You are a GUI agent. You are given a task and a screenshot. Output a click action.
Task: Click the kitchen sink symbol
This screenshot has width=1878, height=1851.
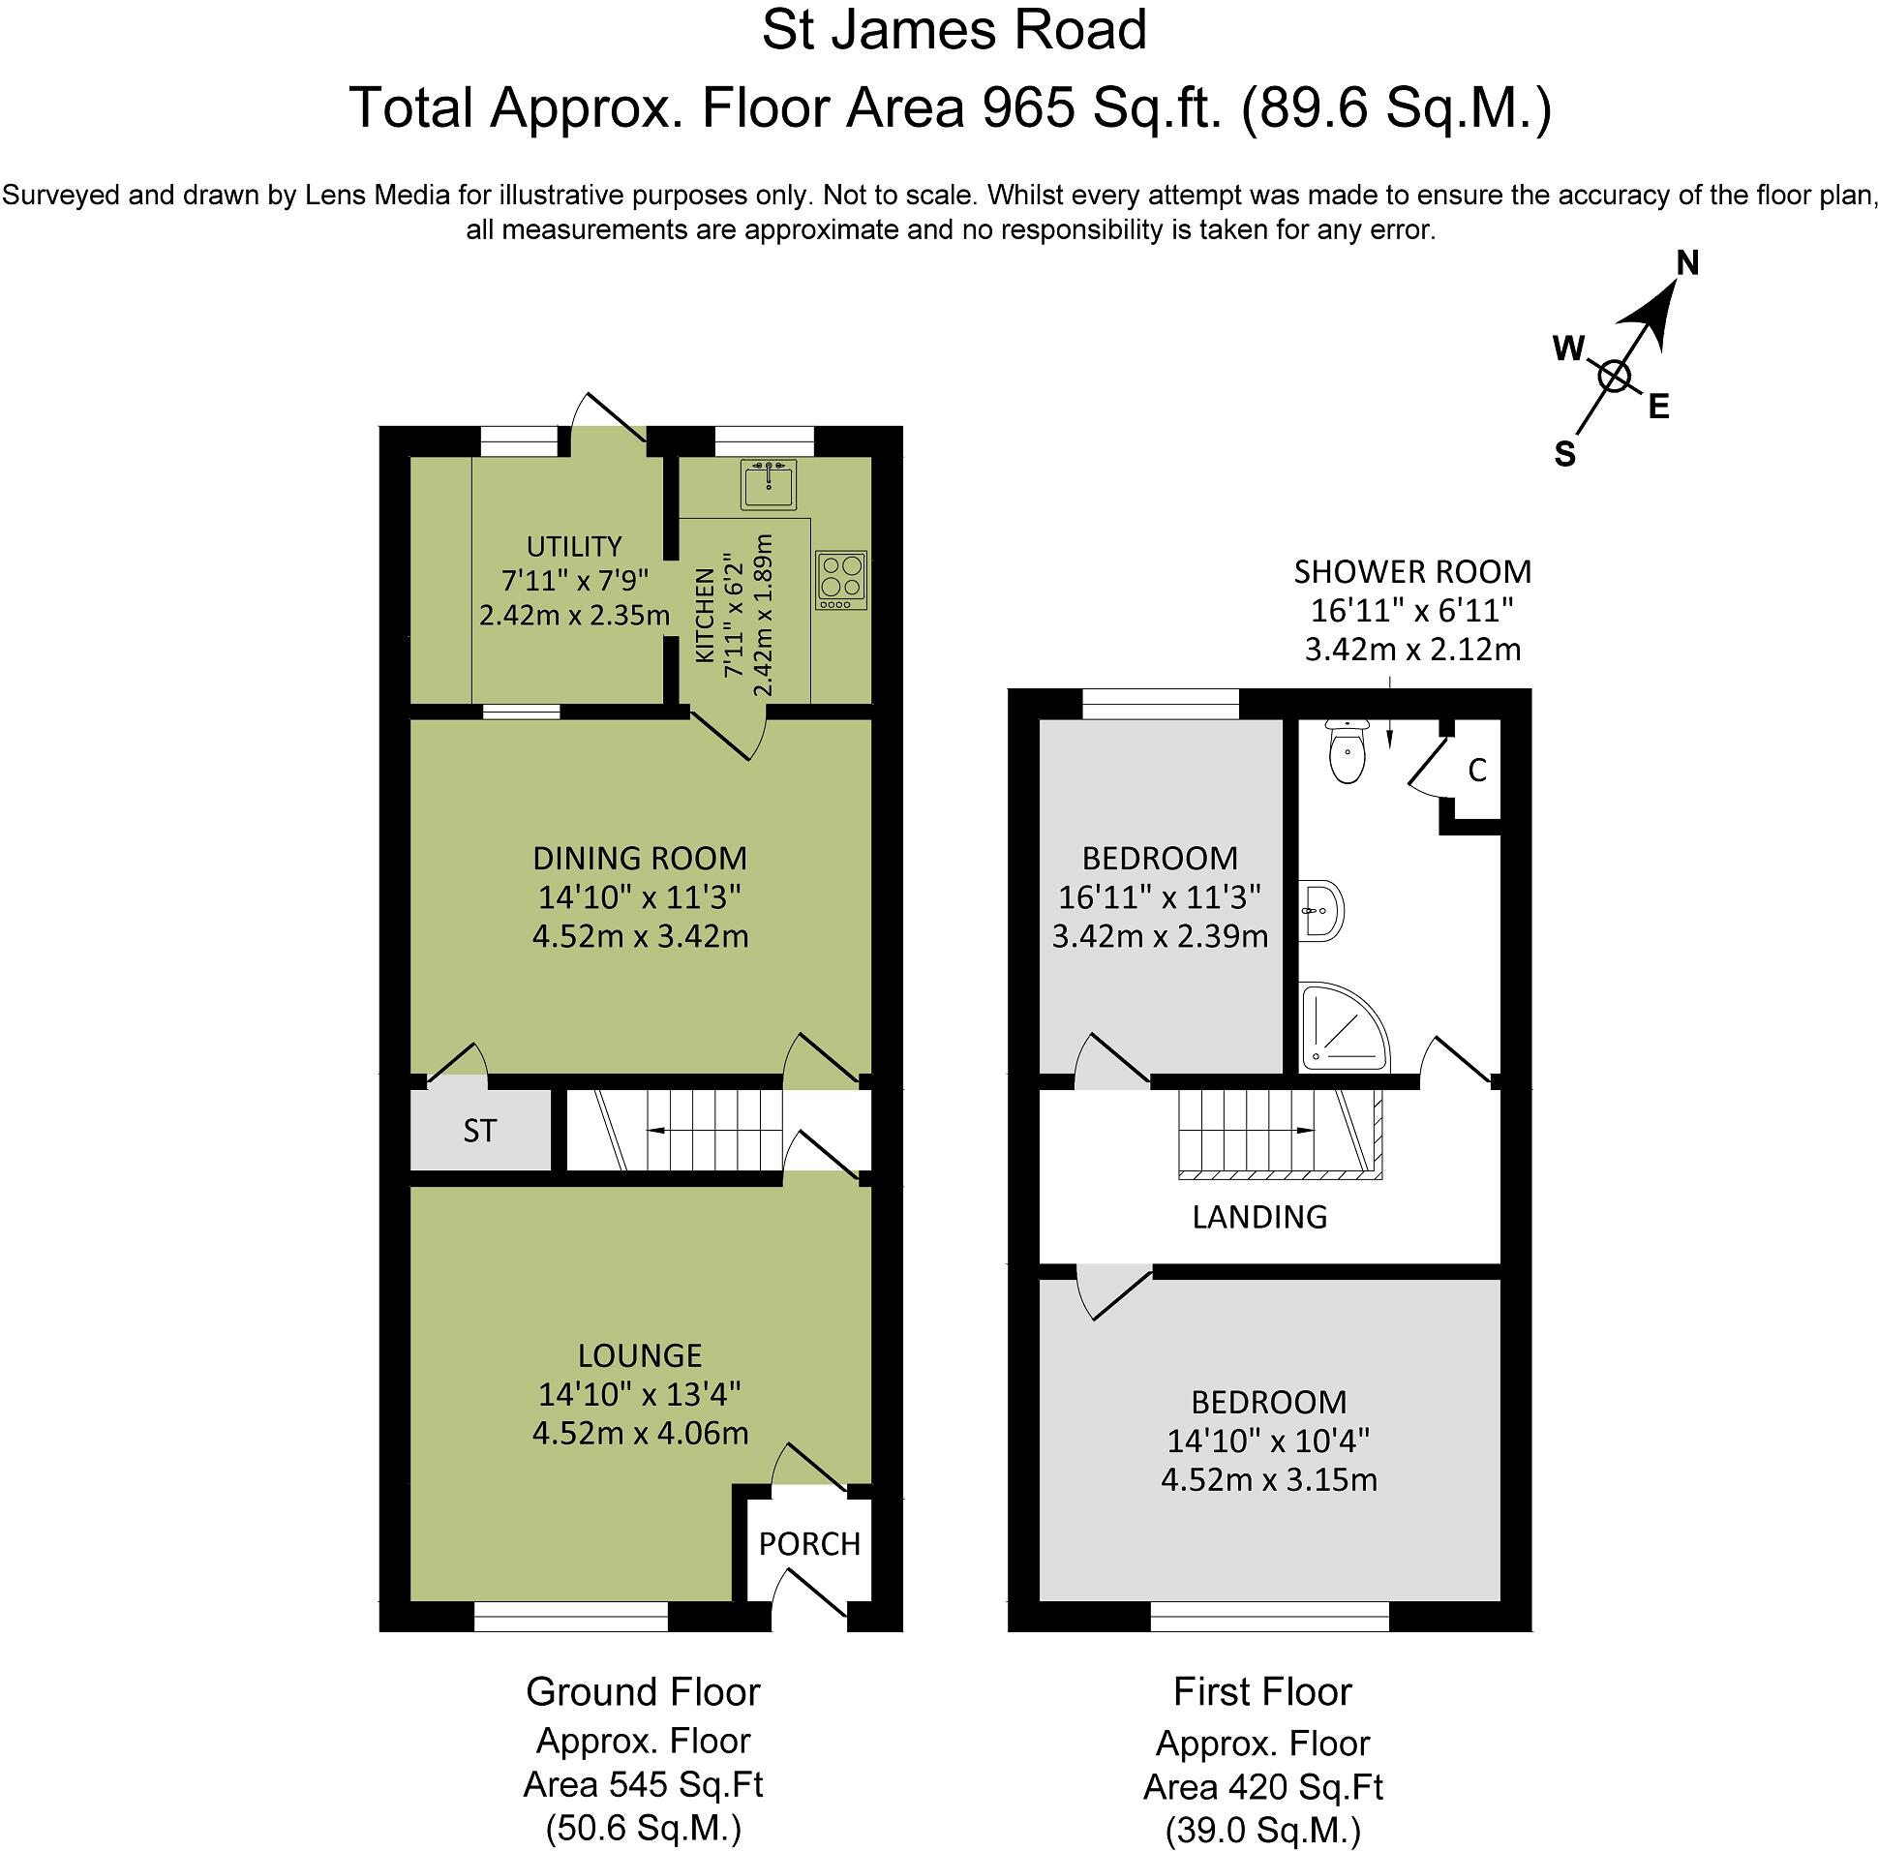[768, 484]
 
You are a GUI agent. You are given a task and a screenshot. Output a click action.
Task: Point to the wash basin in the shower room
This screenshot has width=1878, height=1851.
[1321, 911]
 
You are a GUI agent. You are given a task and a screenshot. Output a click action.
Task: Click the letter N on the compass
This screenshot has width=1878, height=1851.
[1687, 263]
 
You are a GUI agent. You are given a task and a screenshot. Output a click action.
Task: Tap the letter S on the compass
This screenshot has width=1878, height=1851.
[1564, 454]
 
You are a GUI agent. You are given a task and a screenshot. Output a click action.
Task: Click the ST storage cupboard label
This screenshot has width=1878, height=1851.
[479, 1131]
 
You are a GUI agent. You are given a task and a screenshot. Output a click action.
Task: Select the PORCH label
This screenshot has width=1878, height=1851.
[808, 1544]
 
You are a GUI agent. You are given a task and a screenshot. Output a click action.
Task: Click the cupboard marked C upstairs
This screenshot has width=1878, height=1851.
[1476, 771]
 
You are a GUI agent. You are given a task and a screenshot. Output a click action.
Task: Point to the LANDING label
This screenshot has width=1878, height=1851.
[1258, 1216]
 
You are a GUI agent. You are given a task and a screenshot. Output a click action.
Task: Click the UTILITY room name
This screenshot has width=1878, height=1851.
[573, 546]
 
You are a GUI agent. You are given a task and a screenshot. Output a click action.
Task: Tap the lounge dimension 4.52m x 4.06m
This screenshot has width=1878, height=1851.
[640, 1433]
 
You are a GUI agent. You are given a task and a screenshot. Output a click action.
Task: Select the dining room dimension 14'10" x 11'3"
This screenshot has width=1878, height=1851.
[640, 896]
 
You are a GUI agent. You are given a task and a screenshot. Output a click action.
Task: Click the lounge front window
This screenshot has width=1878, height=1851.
[570, 1617]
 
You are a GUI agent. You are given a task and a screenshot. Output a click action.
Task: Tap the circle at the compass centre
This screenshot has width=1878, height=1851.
[1614, 377]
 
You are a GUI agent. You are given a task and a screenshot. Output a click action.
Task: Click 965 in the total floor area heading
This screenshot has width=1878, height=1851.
[1028, 107]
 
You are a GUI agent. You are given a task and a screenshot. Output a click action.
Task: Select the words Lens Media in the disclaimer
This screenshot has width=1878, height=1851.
[378, 196]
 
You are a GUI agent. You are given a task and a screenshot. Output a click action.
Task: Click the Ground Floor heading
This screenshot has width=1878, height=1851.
[643, 1692]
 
